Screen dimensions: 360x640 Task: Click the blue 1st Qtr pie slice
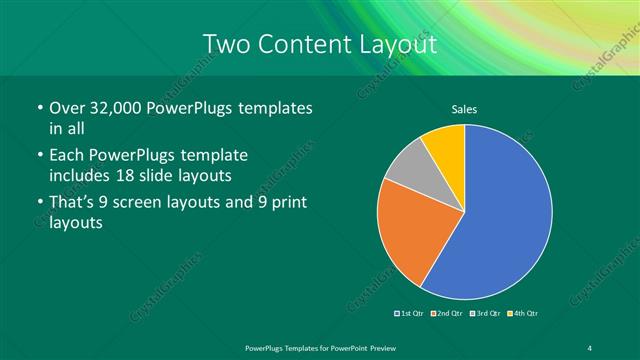tap(505, 215)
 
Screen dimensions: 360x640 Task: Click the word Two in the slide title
tap(226, 45)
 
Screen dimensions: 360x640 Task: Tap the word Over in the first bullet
tap(67, 108)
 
